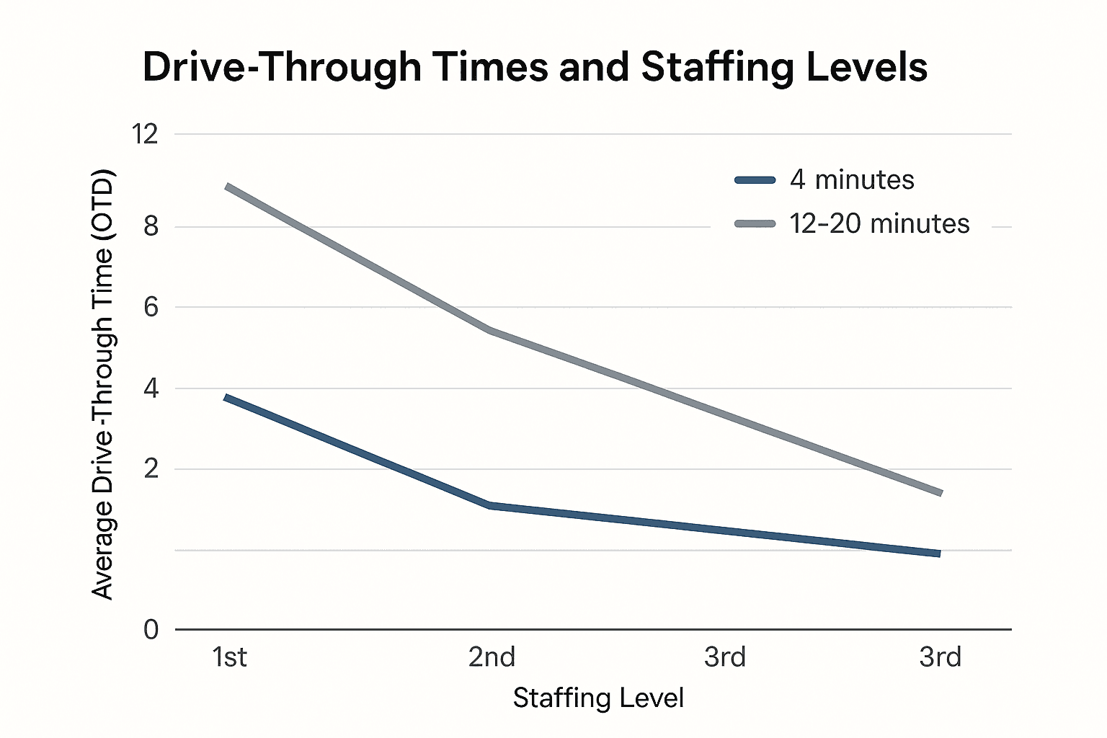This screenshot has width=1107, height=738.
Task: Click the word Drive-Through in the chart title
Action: (x=282, y=67)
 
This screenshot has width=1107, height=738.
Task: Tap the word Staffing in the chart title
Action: (x=728, y=67)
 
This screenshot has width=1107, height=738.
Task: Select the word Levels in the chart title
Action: (x=873, y=67)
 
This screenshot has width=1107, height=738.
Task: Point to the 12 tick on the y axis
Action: (x=145, y=134)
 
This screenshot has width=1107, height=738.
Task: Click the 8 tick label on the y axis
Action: (x=151, y=226)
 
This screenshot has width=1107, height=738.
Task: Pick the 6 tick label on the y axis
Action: (x=151, y=308)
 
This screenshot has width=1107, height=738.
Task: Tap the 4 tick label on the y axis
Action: (x=151, y=389)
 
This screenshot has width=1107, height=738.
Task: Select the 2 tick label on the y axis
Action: (x=151, y=469)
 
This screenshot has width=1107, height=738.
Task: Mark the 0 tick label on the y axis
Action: (x=151, y=630)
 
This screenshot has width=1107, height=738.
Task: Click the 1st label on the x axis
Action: (x=229, y=657)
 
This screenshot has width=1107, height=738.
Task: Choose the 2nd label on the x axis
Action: (x=492, y=657)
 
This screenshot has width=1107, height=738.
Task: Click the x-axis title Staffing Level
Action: (x=598, y=698)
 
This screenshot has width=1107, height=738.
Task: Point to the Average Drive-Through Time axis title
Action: (x=103, y=383)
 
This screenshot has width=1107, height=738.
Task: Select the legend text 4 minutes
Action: (x=852, y=179)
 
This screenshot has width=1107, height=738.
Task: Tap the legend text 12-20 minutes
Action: (x=879, y=223)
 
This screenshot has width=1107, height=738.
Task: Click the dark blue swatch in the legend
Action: (x=755, y=180)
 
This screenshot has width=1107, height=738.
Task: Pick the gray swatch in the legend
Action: (x=755, y=224)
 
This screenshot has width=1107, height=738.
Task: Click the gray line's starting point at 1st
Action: (x=228, y=187)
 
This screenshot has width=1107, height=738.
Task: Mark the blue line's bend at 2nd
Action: (x=491, y=505)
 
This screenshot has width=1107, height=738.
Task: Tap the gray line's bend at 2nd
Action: (x=491, y=330)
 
